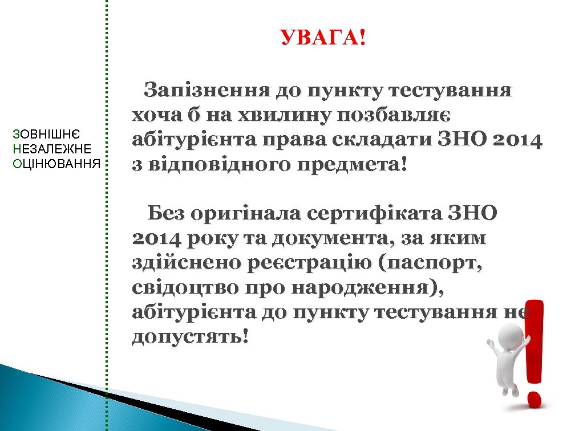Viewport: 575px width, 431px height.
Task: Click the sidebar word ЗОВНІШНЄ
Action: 46,135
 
